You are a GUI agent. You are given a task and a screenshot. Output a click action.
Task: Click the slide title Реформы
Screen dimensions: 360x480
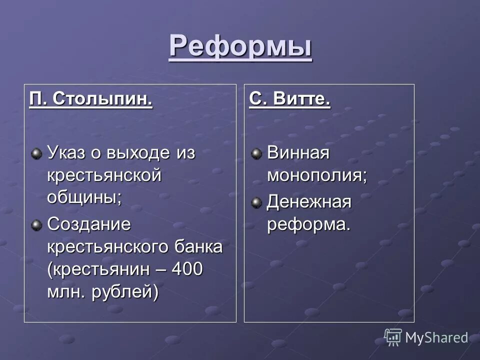click(x=240, y=46)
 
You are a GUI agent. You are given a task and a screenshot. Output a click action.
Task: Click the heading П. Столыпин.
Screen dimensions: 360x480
click(x=90, y=98)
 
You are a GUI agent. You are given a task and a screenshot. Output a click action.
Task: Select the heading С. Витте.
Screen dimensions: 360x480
click(x=289, y=98)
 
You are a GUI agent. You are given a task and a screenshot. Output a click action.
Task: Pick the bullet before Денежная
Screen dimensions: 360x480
click(x=256, y=202)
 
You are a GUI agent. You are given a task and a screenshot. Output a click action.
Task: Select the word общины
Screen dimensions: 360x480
click(x=84, y=197)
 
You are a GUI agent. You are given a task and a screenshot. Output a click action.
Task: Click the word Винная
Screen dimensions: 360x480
click(x=298, y=152)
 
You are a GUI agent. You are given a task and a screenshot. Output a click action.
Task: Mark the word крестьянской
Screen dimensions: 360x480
click(x=104, y=175)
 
